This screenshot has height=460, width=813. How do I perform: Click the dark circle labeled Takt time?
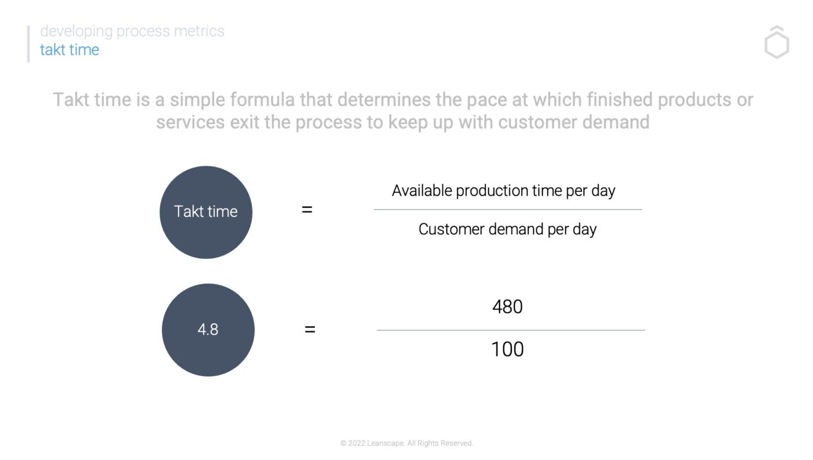pos(206,212)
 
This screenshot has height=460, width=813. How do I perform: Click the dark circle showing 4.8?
pos(208,329)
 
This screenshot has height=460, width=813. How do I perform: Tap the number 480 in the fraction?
pos(508,306)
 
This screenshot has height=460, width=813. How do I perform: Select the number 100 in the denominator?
pos(508,349)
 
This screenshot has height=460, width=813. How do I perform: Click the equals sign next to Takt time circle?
pos(307,210)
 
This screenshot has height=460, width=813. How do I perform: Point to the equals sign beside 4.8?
pos(310,329)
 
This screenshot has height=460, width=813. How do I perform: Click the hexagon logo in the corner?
pos(777,44)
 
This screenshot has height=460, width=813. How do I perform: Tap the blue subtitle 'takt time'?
pos(70,50)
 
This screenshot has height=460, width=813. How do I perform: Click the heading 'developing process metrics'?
pos(132,31)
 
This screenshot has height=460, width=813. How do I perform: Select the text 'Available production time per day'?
pos(503,191)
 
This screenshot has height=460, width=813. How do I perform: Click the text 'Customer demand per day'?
pos(508,229)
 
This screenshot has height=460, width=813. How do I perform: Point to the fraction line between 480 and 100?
pos(511,330)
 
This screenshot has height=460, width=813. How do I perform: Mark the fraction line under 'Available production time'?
pos(508,210)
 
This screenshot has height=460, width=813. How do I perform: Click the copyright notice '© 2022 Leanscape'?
pos(407,443)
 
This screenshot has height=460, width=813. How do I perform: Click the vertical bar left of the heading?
pos(28,43)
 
